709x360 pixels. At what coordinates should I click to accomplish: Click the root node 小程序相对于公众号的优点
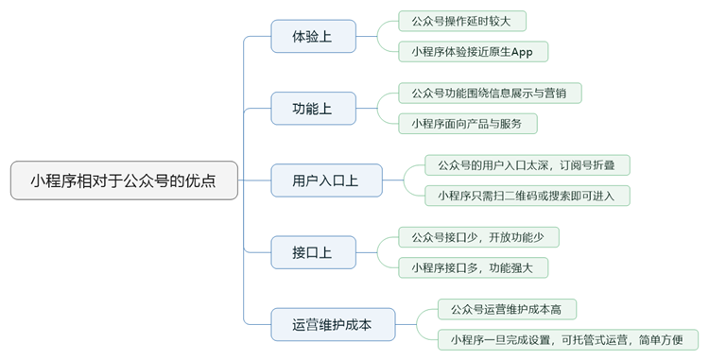click(124, 180)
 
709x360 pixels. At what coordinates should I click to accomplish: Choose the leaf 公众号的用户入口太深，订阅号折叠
click(527, 164)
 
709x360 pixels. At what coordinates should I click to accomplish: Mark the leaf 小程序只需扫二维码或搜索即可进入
click(527, 196)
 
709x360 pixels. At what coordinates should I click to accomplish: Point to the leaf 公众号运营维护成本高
click(507, 308)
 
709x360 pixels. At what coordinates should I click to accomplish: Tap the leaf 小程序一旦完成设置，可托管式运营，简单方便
click(567, 339)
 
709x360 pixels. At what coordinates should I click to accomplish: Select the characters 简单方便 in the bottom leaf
click(663, 339)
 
